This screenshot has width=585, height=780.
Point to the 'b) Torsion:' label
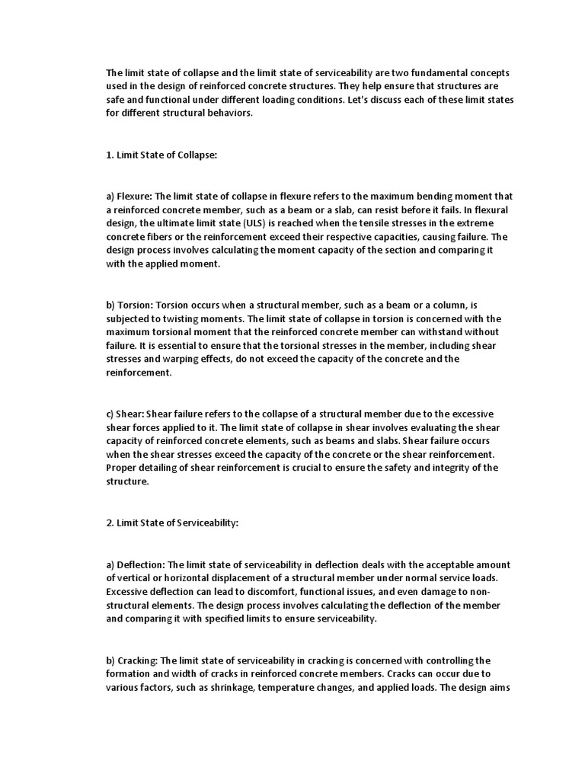(x=129, y=305)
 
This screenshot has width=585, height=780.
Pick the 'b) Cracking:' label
(x=133, y=660)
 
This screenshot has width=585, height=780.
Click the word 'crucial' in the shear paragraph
(x=295, y=468)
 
